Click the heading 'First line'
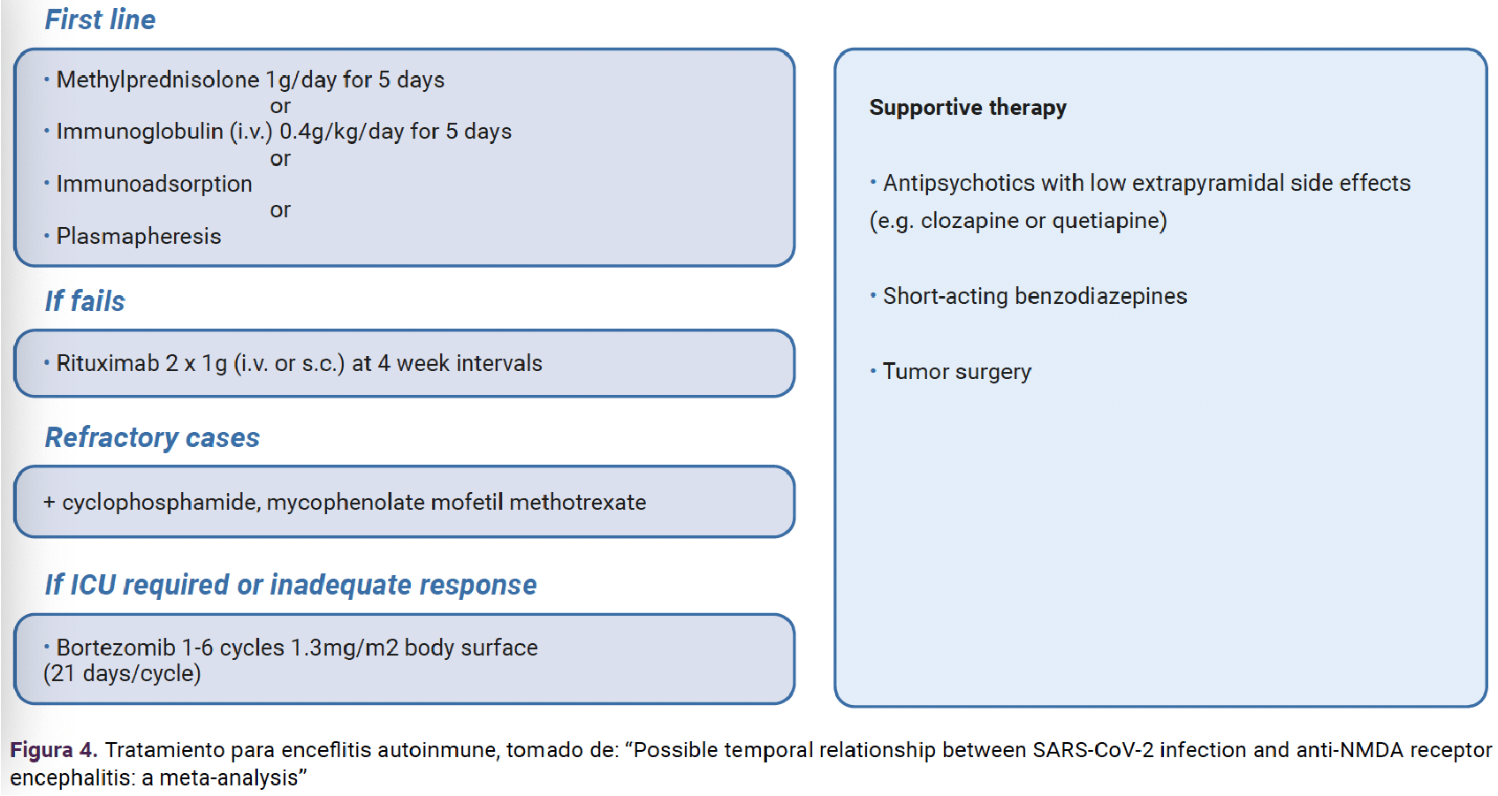[x=100, y=19]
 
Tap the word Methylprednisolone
[x=158, y=80]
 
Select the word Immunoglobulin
[x=140, y=131]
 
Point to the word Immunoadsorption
[x=155, y=184]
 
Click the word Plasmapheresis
[x=139, y=236]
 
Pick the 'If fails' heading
[x=85, y=300]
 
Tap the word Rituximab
[x=108, y=363]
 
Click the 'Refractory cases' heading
[x=153, y=438]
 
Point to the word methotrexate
[x=578, y=502]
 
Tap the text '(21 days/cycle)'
[x=122, y=673]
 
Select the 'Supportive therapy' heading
[x=968, y=108]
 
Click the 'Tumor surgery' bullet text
[x=957, y=372]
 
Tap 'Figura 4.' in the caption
[x=54, y=750]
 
